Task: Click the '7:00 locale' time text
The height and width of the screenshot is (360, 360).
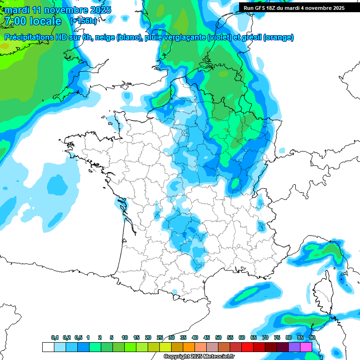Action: tap(33, 21)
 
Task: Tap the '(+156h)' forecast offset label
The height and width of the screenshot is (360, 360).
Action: tap(83, 21)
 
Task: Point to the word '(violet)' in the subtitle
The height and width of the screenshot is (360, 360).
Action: tap(220, 37)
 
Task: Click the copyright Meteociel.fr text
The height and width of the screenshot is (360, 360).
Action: tap(199, 357)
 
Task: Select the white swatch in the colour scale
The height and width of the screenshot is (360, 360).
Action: tap(48, 347)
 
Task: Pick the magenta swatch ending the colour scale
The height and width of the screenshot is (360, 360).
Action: tap(306, 347)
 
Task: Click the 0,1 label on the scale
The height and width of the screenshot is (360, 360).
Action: tap(55, 337)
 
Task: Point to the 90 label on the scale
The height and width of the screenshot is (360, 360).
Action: tap(312, 337)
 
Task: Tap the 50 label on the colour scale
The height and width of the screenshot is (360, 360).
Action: tap(218, 337)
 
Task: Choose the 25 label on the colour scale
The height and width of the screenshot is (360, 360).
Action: tap(160, 337)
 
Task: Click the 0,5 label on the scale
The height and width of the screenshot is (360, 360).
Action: tap(78, 337)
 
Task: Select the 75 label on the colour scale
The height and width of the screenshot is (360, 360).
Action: tap(277, 337)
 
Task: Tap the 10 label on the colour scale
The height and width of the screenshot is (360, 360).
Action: tap(125, 337)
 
